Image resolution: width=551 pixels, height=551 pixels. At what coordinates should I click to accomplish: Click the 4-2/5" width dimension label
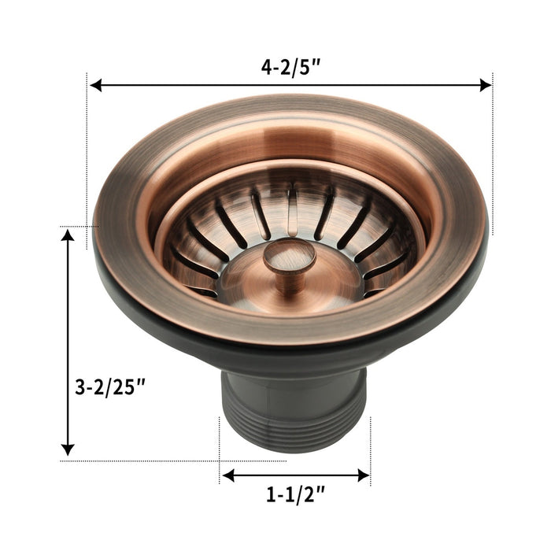coord(290,68)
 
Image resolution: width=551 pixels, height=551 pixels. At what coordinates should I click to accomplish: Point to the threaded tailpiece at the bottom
coord(294,406)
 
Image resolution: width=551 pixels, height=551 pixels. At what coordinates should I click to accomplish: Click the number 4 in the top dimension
coord(267,68)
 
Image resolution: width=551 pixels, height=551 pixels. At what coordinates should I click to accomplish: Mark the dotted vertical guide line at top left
coord(86,157)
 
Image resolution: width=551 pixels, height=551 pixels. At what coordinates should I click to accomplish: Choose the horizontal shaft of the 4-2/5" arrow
coord(197,85)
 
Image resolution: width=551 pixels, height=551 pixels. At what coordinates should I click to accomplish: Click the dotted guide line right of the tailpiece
coord(370,449)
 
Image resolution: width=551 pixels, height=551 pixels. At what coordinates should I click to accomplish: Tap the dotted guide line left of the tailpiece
coord(219,449)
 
